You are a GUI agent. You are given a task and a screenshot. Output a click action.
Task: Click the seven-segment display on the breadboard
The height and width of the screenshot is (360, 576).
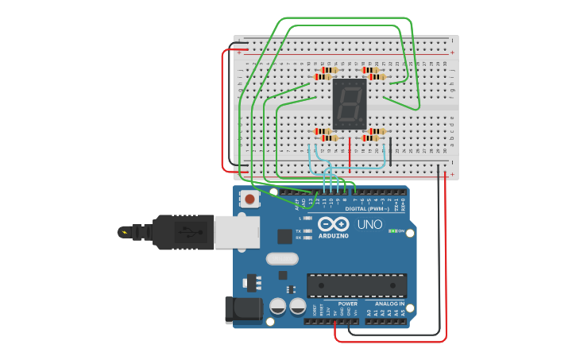coord(350,104)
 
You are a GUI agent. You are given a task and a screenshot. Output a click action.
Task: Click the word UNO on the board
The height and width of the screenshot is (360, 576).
coord(369,225)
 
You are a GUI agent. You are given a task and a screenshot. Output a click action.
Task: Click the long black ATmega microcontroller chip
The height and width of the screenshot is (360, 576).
coord(357,285)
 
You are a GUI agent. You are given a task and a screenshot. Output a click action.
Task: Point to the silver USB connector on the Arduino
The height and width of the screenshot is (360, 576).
coord(236,231)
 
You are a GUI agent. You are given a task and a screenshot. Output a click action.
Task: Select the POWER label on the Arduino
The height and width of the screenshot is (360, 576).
coord(348,304)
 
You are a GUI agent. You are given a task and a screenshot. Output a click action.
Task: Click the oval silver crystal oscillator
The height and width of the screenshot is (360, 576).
coord(282,258)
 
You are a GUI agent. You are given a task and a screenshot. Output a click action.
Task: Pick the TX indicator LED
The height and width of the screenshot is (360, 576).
coord(307,230)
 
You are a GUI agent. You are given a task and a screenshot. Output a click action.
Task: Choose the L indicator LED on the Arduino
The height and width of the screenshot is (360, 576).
coord(307,218)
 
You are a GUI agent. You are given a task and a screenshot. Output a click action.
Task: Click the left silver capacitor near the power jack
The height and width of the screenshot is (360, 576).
coord(278,306)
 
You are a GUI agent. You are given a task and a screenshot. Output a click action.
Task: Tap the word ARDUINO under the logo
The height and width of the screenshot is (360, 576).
coord(334,236)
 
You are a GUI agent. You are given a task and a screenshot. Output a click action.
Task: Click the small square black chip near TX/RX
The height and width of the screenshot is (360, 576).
coord(284,236)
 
